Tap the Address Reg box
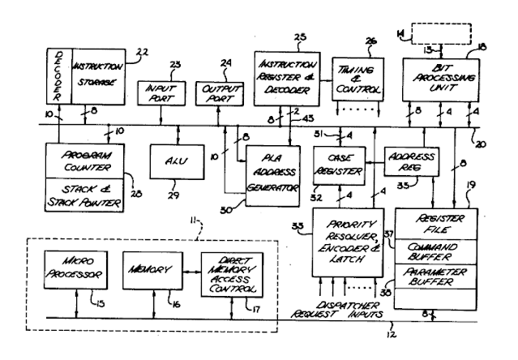tap(412, 159)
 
